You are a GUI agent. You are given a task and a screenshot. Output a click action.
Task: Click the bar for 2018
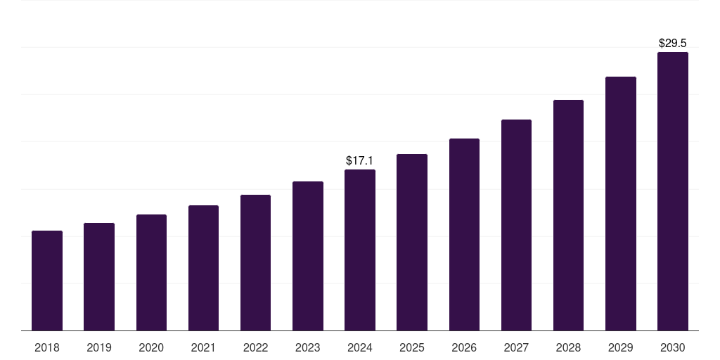pos(47,281)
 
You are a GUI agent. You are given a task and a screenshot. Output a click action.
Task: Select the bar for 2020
pos(151,273)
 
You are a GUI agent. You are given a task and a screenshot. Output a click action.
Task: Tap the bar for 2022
pos(255,263)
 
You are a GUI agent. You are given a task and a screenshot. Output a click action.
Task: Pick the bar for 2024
pos(360,250)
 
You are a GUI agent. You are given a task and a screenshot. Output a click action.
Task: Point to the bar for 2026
pos(464,235)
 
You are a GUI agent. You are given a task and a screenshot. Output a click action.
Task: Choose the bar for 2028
pos(568,215)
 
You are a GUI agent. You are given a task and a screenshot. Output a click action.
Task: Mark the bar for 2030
pos(672,191)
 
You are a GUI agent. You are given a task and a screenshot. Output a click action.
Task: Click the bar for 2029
pos(620,204)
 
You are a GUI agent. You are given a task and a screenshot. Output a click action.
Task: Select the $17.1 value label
pos(359,161)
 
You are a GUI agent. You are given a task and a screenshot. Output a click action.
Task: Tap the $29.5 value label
pos(672,44)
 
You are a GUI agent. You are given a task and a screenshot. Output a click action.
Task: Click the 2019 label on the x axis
pos(99,347)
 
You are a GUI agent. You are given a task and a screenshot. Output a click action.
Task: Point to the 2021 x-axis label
pos(203,347)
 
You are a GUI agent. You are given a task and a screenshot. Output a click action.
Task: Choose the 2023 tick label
pos(307,347)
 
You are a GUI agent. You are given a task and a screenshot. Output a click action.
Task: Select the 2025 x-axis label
pos(412,347)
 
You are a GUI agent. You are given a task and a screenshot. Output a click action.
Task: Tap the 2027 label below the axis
pos(516,347)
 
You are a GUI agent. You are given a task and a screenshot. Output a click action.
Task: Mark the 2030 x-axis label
pos(672,347)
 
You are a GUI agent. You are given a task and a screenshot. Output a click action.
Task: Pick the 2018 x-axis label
pos(47,347)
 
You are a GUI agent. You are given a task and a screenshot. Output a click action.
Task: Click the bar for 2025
pos(412,243)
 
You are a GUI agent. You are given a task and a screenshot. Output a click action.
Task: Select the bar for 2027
pos(516,225)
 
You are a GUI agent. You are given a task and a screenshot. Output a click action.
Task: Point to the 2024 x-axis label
pos(360,347)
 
